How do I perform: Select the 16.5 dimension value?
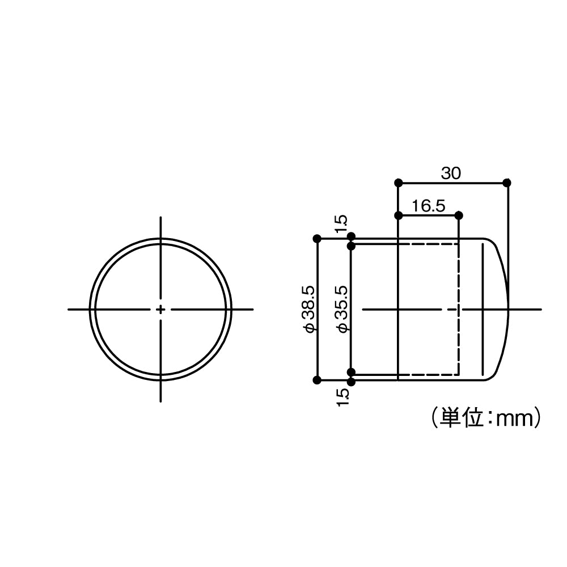(429, 206)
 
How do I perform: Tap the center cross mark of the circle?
(162, 309)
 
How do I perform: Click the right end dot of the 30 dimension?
(507, 183)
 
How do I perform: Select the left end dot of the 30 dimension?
(399, 183)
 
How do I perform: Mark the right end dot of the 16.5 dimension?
(459, 215)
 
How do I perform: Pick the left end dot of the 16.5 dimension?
(399, 215)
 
